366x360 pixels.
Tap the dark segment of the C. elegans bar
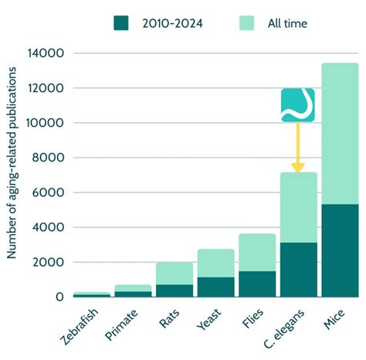point(298,270)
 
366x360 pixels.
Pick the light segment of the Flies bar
point(256,252)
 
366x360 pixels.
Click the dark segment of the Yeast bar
point(215,287)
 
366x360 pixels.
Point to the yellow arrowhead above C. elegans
point(298,166)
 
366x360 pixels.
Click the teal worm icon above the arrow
point(298,105)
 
